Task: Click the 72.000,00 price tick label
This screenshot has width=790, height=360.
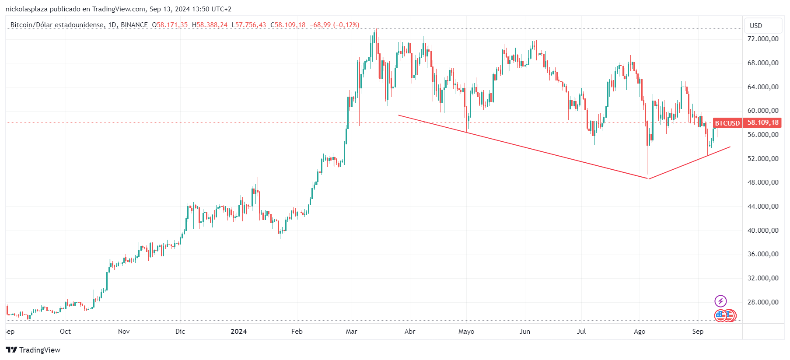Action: point(762,39)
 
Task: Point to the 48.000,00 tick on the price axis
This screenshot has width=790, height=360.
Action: point(762,182)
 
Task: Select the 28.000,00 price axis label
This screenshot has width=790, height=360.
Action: point(762,302)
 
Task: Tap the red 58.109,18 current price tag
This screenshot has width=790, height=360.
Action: point(762,122)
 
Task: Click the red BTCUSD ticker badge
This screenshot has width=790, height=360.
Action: point(727,123)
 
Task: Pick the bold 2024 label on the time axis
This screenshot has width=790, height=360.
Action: point(239,331)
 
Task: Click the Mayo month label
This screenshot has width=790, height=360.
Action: point(466,331)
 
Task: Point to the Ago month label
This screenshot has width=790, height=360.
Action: point(640,331)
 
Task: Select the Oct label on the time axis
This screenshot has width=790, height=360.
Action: point(65,331)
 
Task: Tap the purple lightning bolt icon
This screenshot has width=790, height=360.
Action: point(720,301)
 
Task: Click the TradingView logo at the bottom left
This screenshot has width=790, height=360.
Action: point(33,350)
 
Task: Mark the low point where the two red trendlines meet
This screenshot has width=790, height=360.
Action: point(648,178)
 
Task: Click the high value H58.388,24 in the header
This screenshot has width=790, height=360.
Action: point(210,25)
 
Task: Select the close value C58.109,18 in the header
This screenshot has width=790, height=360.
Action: point(288,25)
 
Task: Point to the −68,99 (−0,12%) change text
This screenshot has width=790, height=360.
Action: point(335,25)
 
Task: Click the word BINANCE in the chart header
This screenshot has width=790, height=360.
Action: point(134,25)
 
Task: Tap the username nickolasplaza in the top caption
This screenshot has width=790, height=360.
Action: point(27,9)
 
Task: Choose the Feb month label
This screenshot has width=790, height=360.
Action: point(297,331)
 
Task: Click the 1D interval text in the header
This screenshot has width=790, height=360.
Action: point(112,25)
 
